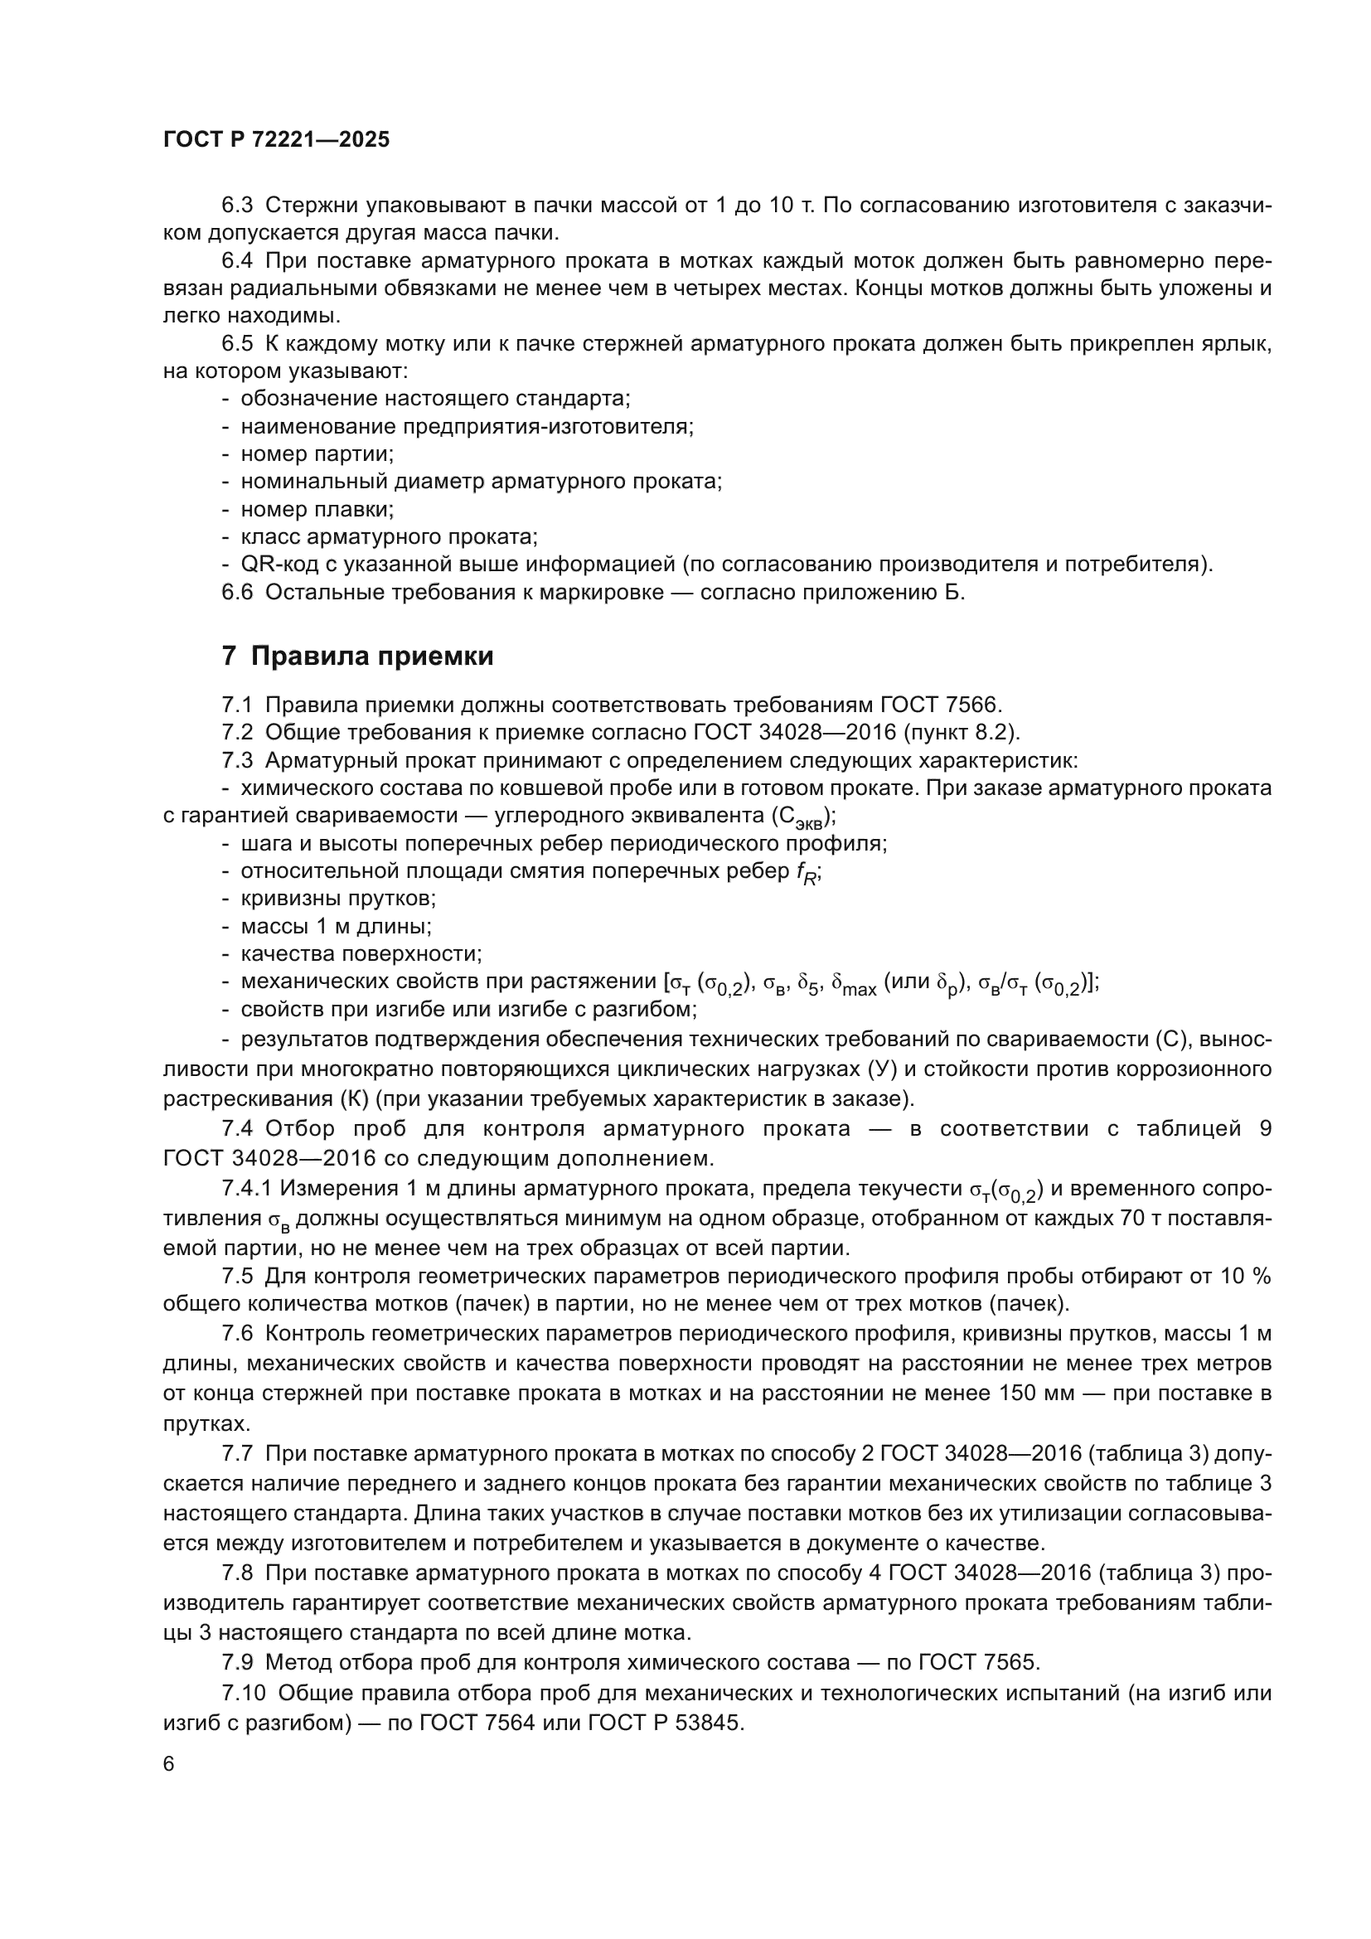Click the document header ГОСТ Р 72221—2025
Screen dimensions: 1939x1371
coord(276,140)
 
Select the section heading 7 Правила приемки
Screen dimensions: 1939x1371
coord(357,657)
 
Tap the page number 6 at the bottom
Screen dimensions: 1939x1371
coord(169,1765)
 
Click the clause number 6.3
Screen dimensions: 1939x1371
coord(237,206)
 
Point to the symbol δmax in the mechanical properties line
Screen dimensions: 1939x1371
coord(855,984)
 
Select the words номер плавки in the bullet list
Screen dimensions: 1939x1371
coord(317,509)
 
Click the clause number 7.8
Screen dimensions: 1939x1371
coord(237,1573)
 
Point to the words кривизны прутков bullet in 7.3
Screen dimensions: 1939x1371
coord(337,899)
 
